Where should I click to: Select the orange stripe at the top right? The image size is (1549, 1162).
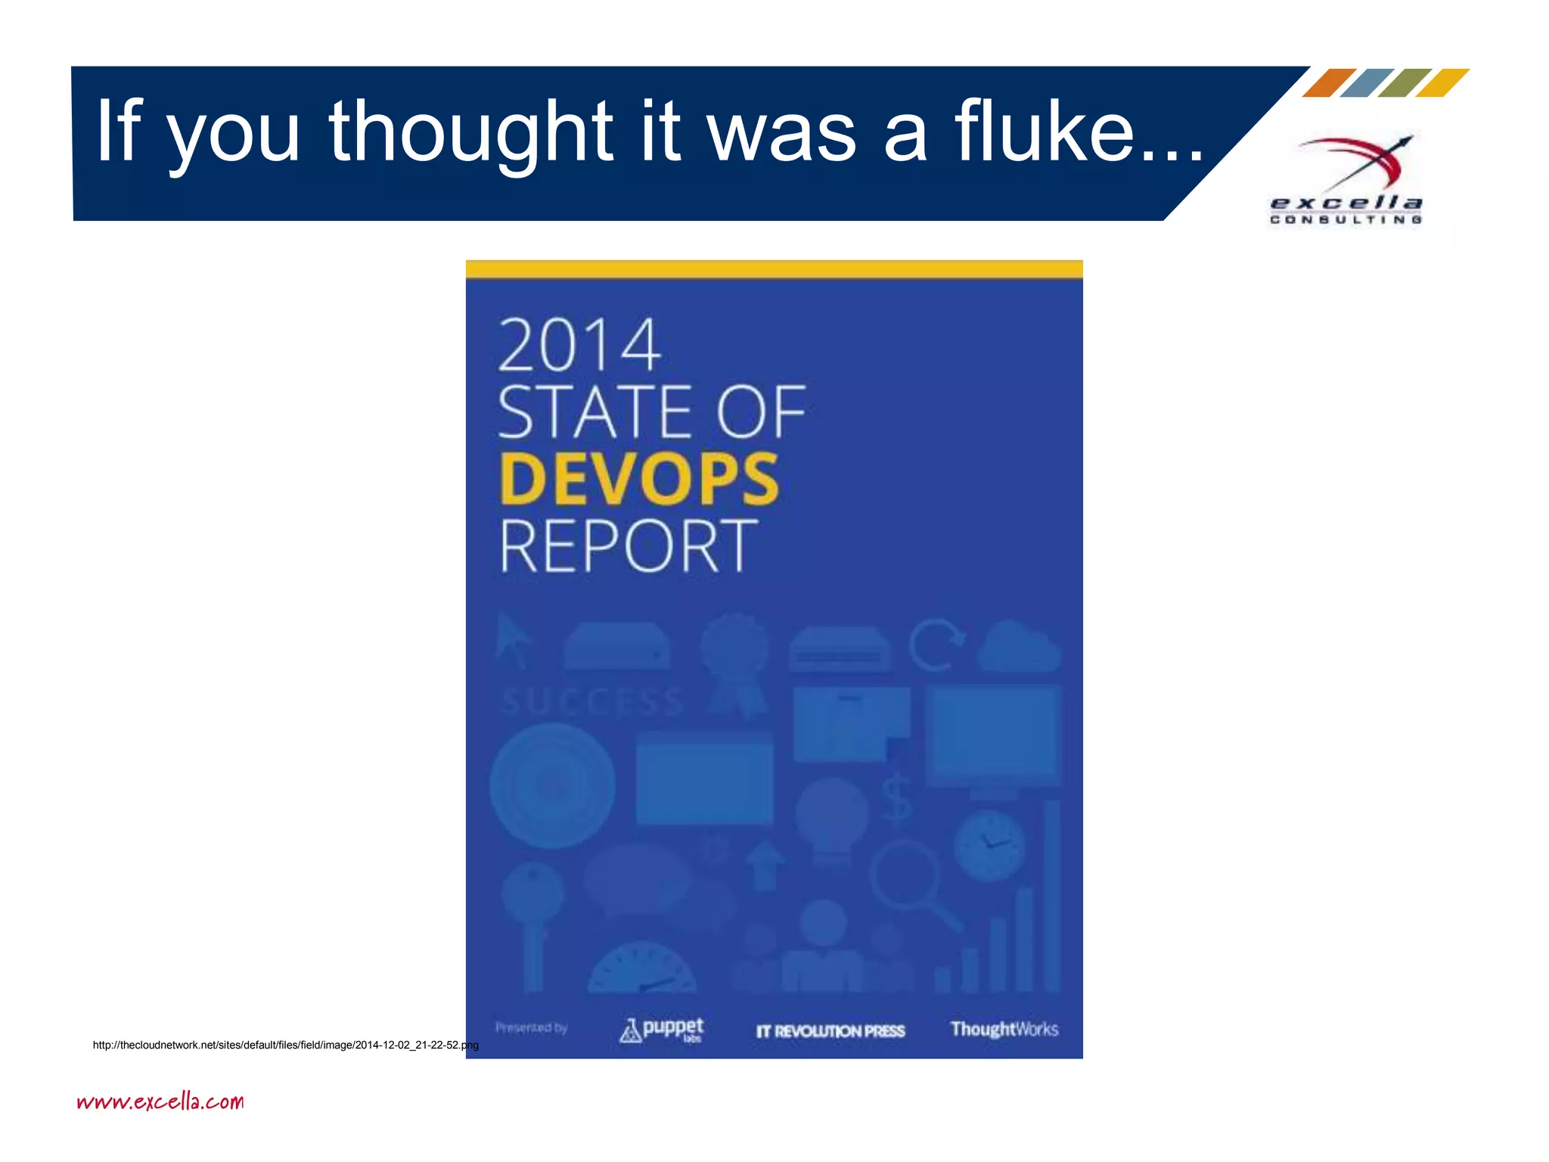tap(1329, 82)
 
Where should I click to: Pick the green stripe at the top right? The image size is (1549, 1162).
tap(1405, 82)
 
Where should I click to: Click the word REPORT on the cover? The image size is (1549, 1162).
tap(628, 545)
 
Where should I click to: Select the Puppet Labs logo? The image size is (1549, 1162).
tap(662, 1030)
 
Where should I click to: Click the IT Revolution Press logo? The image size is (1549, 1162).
tap(830, 1031)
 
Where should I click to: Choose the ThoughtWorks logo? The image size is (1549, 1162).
tap(1004, 1029)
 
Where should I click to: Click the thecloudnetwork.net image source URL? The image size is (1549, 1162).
tap(285, 1045)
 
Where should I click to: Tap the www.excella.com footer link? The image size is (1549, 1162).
tap(160, 1101)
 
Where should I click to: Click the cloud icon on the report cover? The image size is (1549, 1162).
tap(1019, 647)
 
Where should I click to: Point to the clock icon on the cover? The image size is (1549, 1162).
tap(989, 845)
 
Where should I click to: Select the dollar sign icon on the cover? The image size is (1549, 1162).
tap(897, 797)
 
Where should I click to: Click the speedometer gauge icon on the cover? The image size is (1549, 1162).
tap(642, 969)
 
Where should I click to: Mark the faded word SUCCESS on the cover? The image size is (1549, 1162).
tap(592, 702)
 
